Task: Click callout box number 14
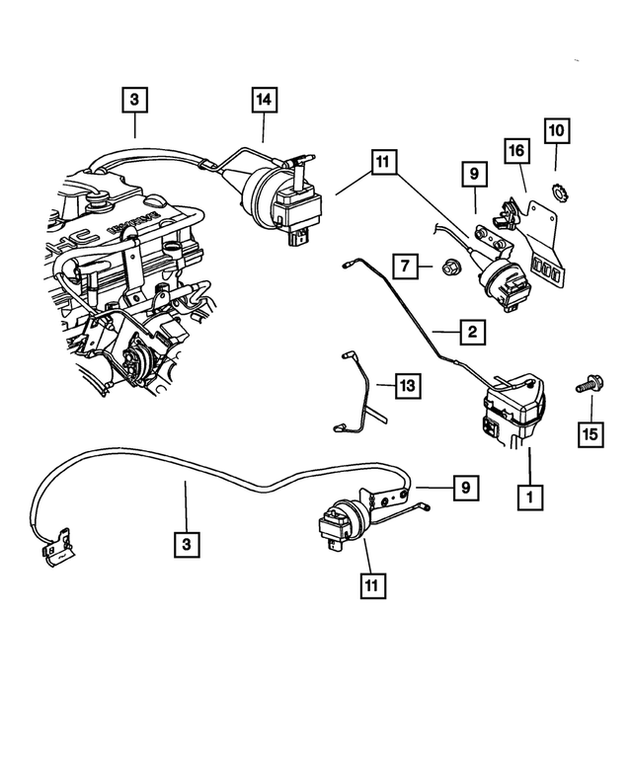(264, 100)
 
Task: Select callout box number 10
(555, 129)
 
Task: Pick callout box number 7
(404, 266)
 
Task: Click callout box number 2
(472, 333)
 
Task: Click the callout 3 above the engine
(135, 100)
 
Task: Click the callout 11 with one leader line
(372, 585)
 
